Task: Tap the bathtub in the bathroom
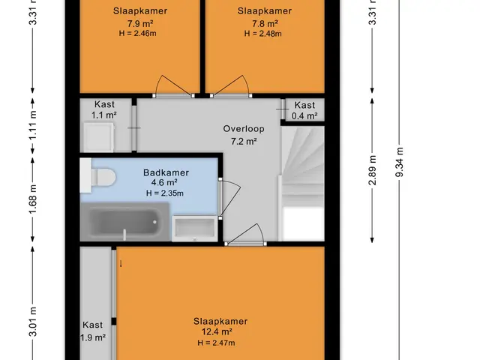tap(125, 222)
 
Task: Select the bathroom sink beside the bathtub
tap(194, 228)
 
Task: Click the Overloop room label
tap(244, 129)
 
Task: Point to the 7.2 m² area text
tap(244, 142)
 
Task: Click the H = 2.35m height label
tap(165, 193)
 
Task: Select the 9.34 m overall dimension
tap(400, 162)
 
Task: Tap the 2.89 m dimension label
tap(372, 170)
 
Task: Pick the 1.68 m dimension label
tap(33, 199)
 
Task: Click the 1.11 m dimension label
tap(33, 125)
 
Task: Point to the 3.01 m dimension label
tap(33, 322)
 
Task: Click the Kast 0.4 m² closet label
tap(304, 110)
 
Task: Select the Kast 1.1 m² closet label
tap(104, 109)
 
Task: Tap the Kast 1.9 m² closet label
tap(93, 331)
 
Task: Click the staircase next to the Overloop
tap(303, 184)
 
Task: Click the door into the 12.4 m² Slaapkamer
tap(246, 235)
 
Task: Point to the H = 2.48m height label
tap(263, 34)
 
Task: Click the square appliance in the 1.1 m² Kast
tap(98, 137)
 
